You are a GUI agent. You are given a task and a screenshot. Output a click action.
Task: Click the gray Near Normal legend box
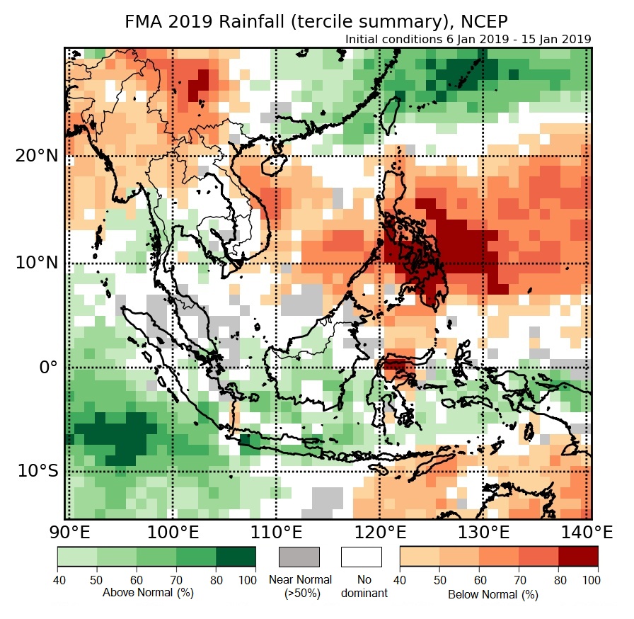(x=299, y=557)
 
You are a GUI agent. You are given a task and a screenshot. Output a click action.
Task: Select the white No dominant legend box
(x=361, y=557)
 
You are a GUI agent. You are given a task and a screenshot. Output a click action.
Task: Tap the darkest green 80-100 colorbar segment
(x=236, y=557)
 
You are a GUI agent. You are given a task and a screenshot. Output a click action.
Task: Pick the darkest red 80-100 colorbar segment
(x=578, y=557)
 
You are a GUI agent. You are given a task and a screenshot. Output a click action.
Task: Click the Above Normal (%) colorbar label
(x=148, y=592)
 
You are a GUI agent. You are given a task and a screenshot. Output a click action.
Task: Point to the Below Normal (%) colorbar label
(x=493, y=594)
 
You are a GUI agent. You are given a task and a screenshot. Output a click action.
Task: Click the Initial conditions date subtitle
(x=468, y=39)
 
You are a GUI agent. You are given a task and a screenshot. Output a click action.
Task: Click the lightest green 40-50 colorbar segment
(x=77, y=557)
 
